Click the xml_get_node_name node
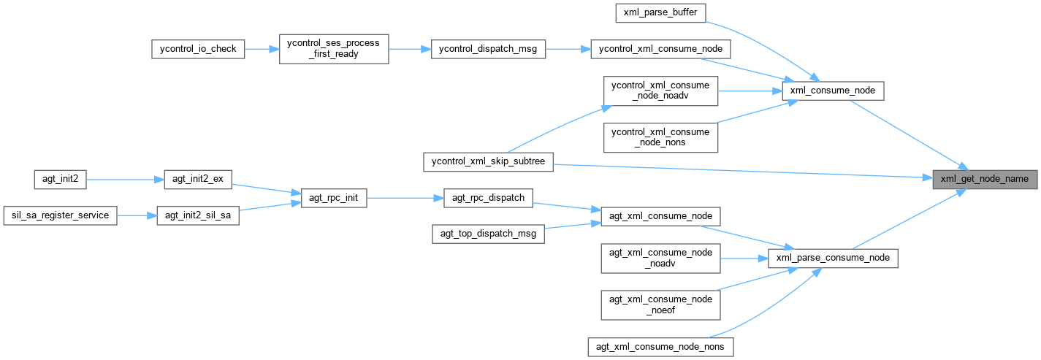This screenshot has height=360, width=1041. [984, 179]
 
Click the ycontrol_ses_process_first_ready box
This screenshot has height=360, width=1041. [334, 49]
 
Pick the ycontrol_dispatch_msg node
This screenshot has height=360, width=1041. [488, 49]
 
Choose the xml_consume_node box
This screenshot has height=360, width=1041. [833, 91]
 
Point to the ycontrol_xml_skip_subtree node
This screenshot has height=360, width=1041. [488, 162]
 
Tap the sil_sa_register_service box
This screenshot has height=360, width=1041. [61, 215]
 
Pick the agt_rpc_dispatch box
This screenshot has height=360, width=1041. [489, 197]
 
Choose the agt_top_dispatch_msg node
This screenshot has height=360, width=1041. [488, 234]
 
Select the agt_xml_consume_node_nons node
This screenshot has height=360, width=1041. [660, 347]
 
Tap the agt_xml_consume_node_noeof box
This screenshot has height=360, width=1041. [660, 305]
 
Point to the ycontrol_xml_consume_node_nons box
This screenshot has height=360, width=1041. [660, 137]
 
